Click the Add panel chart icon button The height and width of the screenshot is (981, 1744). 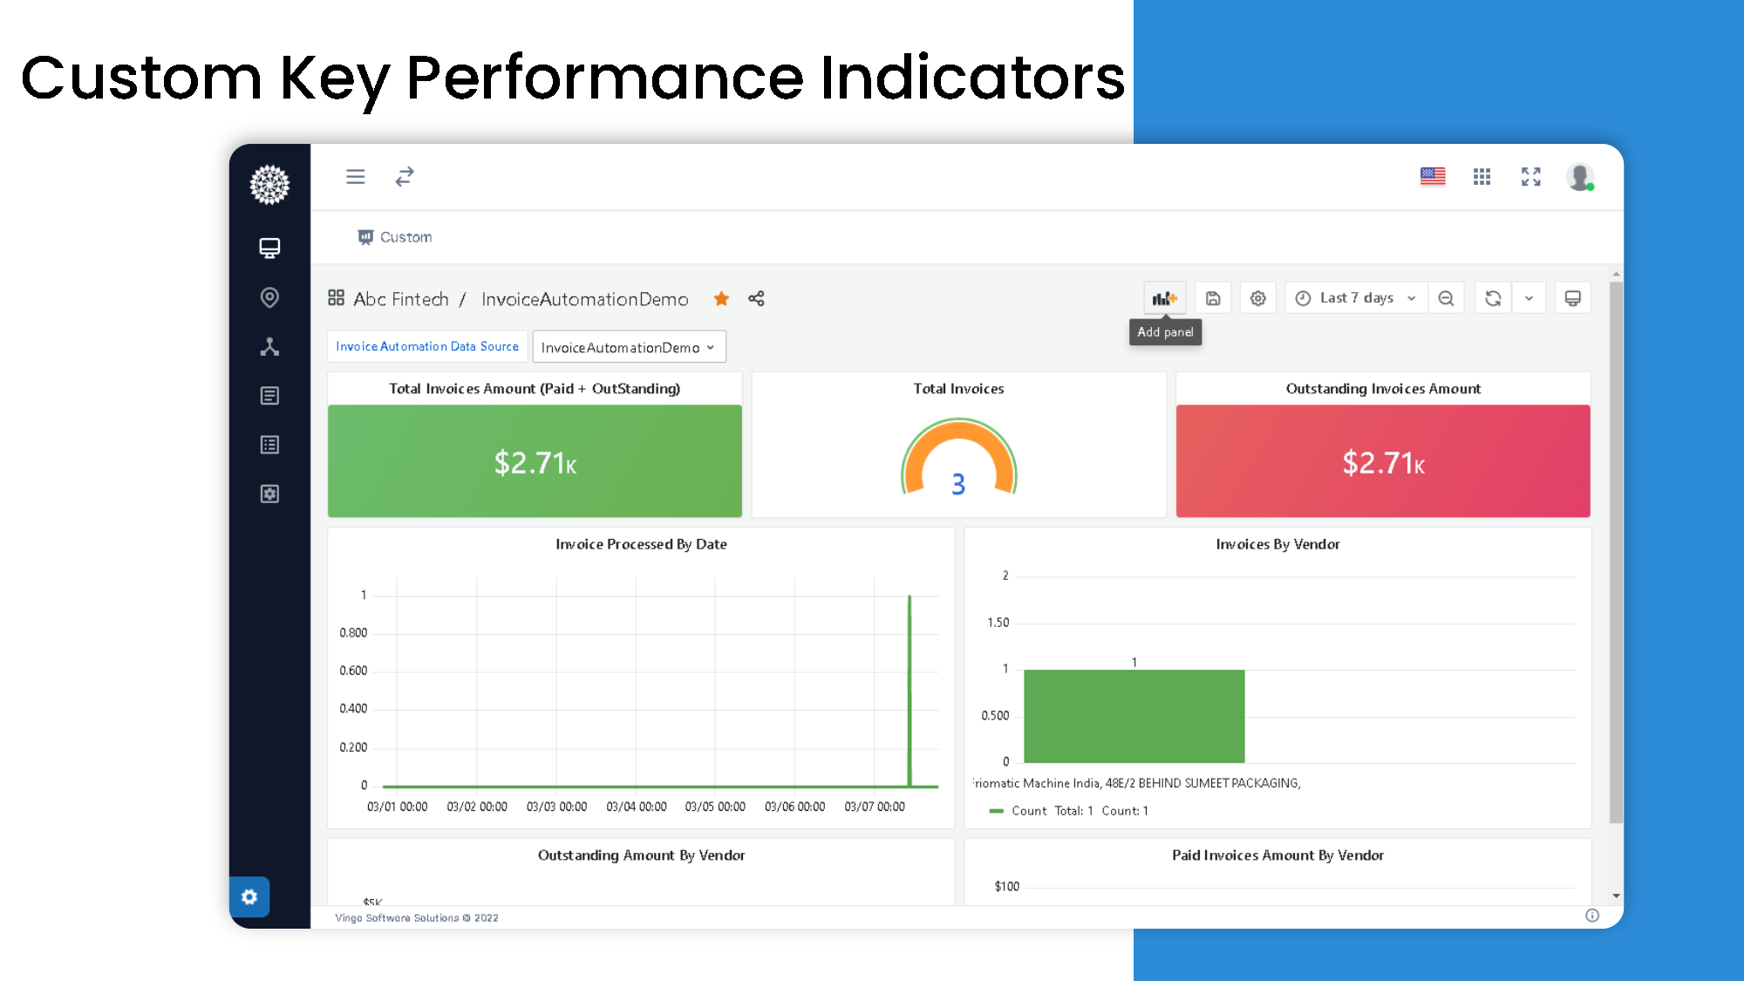1164,298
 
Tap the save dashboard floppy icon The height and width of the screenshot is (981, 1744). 1213,298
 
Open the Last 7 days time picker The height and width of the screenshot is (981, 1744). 1356,298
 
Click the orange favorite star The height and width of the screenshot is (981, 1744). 721,299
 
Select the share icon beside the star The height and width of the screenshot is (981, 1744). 756,299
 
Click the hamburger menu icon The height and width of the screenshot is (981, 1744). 355,177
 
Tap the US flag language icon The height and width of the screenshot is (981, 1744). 1432,177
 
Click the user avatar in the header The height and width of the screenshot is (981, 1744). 1579,177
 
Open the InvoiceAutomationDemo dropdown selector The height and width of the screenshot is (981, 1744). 628,347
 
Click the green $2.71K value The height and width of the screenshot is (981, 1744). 535,463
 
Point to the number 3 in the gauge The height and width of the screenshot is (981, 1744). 958,484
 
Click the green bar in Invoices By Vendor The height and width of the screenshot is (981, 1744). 1134,716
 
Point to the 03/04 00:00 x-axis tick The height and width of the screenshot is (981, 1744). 637,807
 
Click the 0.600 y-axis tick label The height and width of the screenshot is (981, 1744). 353,671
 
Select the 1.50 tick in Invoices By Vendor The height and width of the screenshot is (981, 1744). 998,623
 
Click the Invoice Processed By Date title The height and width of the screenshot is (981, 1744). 641,544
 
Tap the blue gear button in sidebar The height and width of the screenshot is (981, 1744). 249,896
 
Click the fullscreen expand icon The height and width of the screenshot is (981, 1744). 1530,177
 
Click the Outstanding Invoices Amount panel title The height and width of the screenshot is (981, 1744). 1383,389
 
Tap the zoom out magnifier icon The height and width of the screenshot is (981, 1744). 1446,298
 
